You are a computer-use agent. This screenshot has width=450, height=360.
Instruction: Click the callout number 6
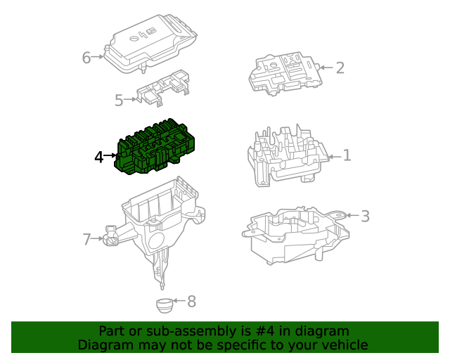86,58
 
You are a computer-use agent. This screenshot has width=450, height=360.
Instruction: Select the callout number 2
340,67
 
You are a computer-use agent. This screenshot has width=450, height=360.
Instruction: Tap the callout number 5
119,101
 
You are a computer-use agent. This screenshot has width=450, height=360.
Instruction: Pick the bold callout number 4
99,157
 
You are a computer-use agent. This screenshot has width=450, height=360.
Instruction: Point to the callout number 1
347,155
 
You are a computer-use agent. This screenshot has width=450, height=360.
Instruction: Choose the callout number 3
365,216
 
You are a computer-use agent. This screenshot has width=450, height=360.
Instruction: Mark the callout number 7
87,240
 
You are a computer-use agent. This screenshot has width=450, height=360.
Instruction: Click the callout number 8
191,302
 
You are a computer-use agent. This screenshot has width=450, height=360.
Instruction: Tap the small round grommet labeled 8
164,306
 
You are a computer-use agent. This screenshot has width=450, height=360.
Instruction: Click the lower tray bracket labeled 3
295,232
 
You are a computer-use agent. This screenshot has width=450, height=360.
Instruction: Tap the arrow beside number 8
178,302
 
